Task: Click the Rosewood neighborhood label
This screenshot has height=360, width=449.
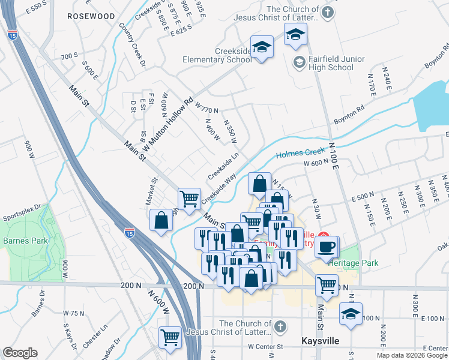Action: coord(91,16)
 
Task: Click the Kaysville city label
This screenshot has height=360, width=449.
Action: coord(319,341)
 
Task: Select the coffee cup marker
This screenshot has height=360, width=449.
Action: coord(327,247)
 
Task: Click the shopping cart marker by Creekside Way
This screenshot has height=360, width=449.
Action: coord(190,198)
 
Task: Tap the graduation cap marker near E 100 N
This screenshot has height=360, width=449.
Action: coord(351,313)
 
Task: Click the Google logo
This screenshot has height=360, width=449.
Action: coord(20,353)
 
